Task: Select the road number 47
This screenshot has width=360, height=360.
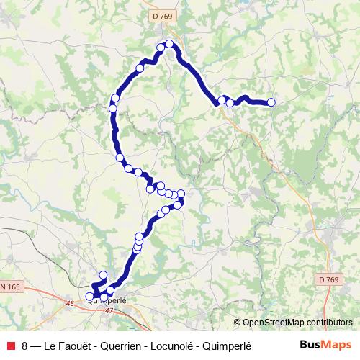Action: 109,310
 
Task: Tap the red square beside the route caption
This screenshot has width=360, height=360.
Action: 10,346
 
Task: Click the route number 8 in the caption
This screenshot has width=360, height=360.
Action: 25,346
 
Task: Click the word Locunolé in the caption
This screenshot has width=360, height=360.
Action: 174,346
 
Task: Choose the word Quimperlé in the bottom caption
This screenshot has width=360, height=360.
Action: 228,346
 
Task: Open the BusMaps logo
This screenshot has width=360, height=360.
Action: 325,345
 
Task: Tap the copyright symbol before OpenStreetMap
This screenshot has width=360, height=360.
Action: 237,323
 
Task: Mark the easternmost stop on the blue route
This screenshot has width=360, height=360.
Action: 271,103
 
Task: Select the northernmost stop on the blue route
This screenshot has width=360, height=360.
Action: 169,44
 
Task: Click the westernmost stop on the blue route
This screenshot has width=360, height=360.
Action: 90,296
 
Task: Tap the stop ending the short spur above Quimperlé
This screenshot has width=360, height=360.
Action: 103,275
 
